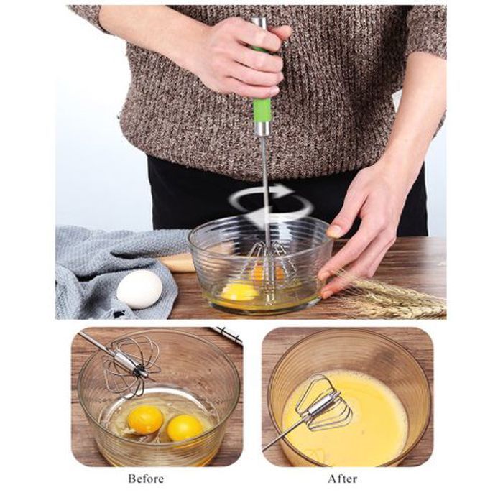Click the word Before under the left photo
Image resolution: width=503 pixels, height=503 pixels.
[146, 478]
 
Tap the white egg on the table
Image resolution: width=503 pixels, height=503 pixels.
[139, 289]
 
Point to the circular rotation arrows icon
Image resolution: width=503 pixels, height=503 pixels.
[271, 203]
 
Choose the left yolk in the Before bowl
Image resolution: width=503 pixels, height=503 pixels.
[145, 418]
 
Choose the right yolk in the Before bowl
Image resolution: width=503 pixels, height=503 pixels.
[185, 428]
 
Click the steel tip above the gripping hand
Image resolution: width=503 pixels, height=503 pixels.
[259, 22]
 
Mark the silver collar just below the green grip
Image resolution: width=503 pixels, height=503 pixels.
[263, 129]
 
